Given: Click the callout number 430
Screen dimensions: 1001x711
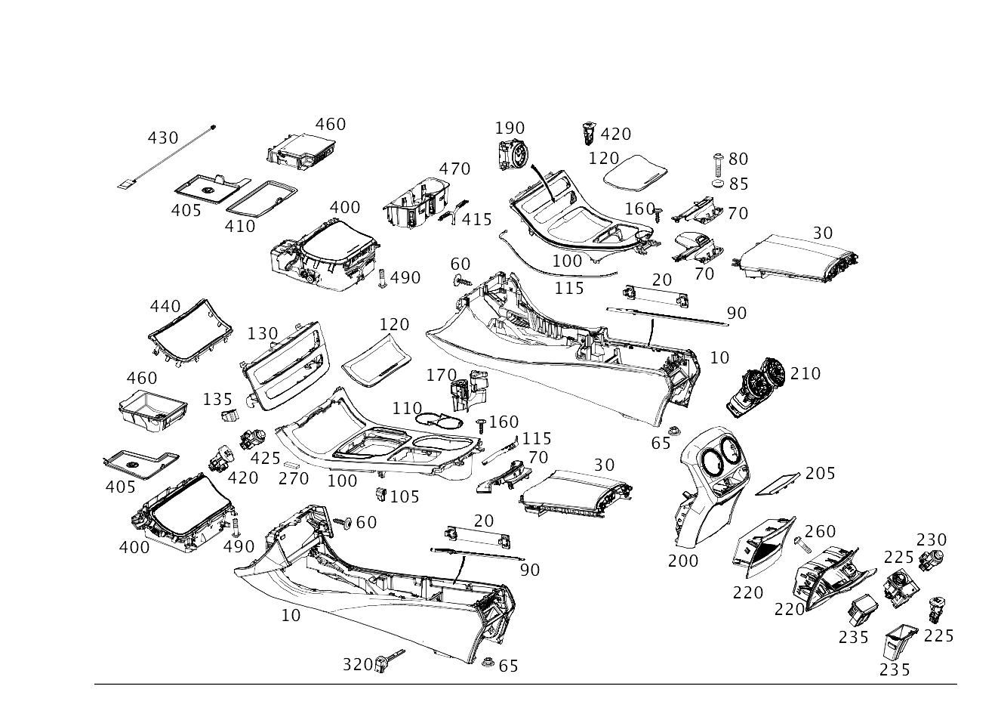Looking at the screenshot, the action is tap(162, 138).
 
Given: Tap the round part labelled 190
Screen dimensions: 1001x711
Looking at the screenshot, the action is tap(512, 157).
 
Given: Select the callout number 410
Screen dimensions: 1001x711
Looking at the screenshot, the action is tap(241, 224).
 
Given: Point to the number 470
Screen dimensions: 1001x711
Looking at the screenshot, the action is tap(454, 168).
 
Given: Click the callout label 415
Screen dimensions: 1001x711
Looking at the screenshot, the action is tap(477, 219).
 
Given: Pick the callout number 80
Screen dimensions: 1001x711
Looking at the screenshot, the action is tap(738, 159).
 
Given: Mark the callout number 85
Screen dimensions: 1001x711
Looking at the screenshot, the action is tap(738, 184).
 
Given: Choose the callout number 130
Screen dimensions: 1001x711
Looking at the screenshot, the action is tap(263, 333).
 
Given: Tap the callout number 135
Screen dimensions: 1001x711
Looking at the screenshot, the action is tap(218, 398).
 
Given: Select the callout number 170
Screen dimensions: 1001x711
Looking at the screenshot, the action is tap(442, 374).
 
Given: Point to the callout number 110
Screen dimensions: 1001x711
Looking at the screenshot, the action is tap(407, 408).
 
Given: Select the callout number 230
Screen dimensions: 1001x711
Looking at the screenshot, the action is tap(931, 539).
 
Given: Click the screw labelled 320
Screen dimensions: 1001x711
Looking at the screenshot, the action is tap(393, 661).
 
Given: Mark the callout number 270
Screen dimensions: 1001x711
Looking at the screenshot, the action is tap(293, 478).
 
